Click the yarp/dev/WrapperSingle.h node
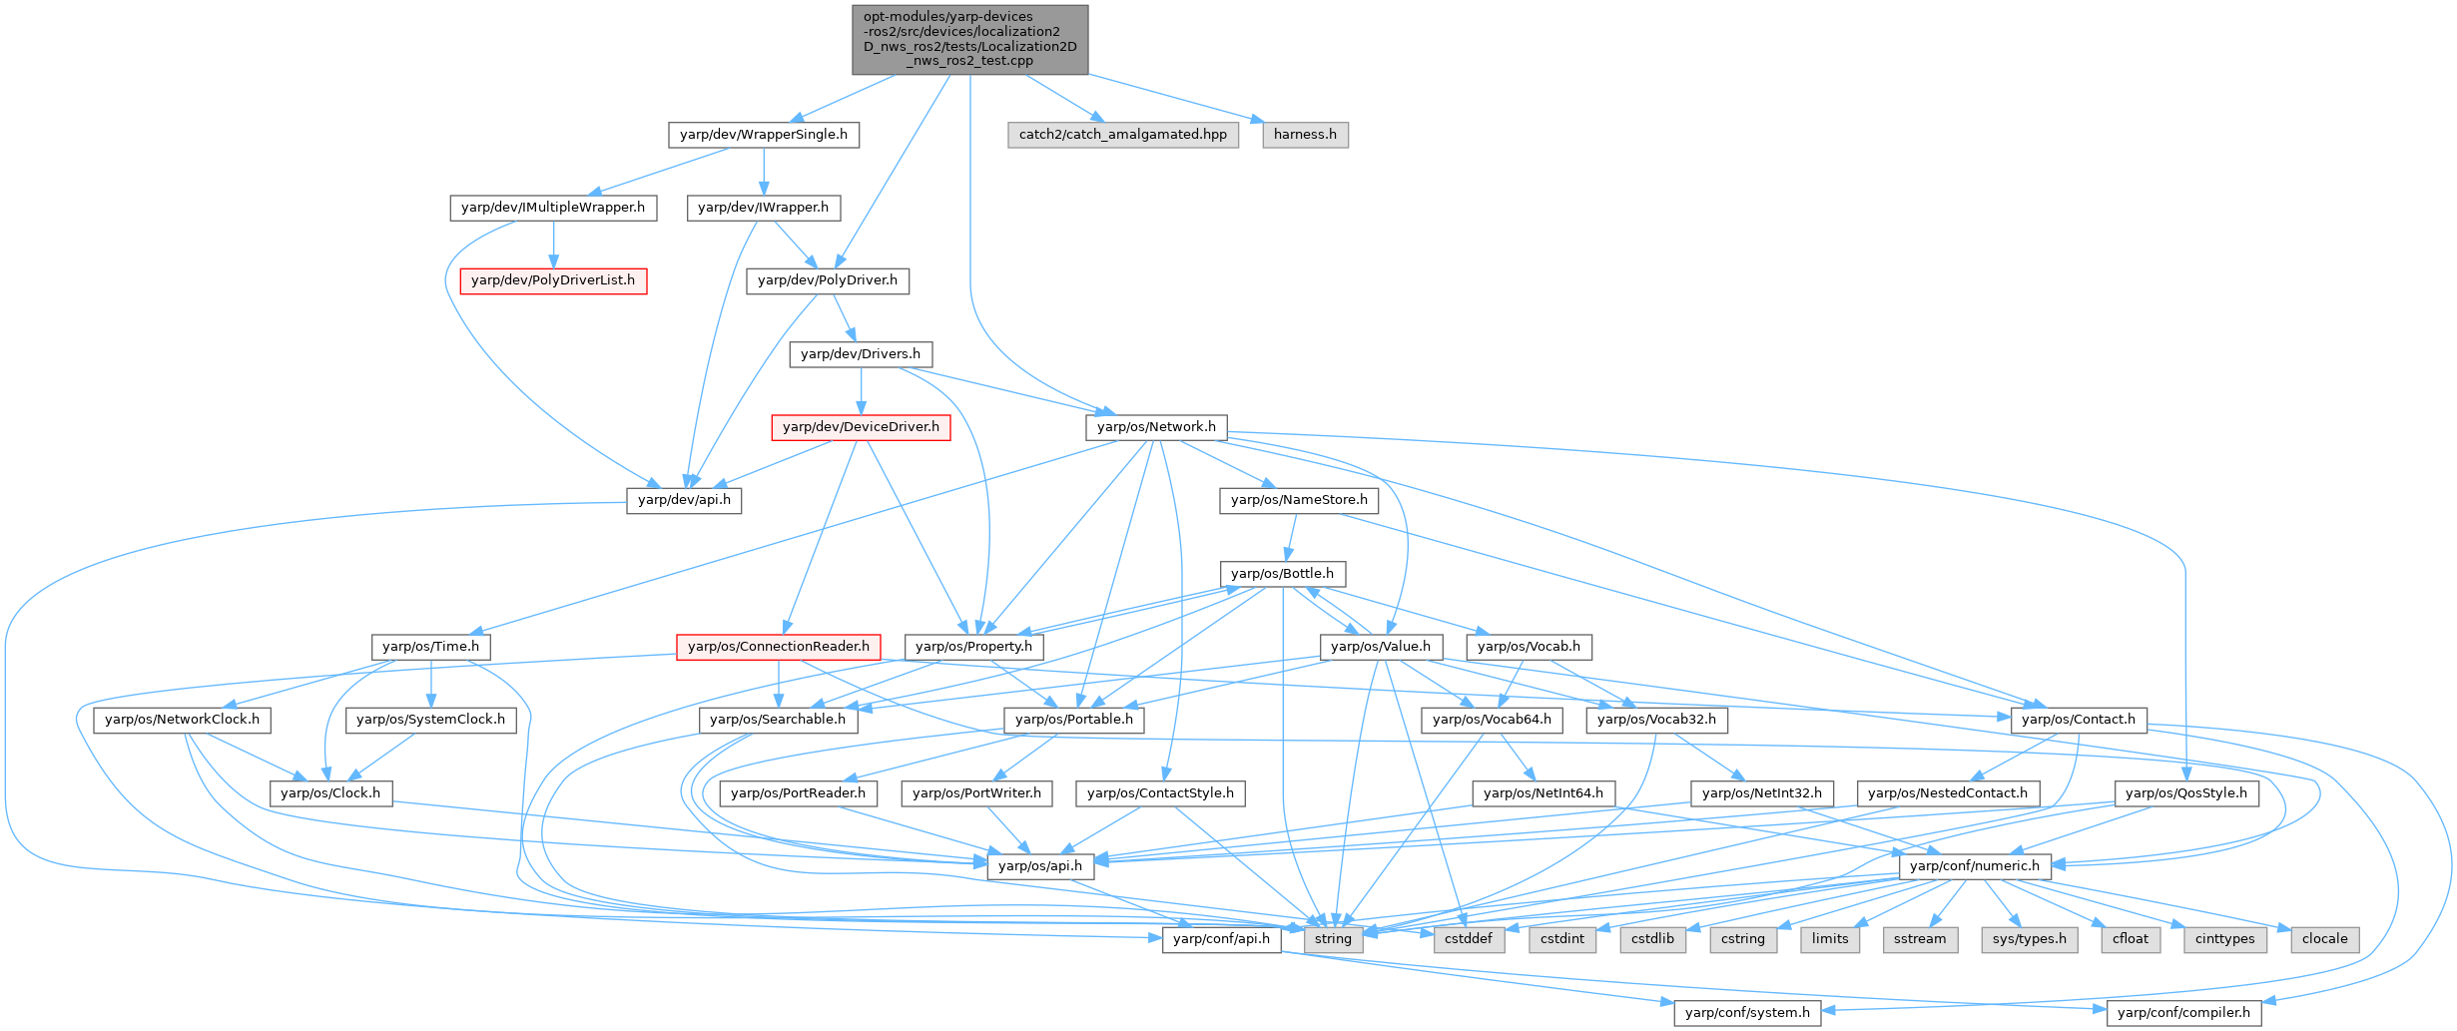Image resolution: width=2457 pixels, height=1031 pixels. click(763, 135)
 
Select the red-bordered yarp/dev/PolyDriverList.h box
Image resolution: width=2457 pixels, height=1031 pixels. click(552, 280)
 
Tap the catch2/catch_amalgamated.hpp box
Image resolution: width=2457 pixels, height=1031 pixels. click(1122, 135)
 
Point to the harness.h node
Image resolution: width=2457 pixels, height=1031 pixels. click(1305, 135)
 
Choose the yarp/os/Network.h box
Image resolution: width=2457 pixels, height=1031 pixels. click(1156, 427)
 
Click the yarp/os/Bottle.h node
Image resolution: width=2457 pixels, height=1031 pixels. click(1282, 574)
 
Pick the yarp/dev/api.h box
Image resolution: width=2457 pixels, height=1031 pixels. click(684, 500)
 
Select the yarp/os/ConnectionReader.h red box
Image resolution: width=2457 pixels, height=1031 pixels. click(779, 647)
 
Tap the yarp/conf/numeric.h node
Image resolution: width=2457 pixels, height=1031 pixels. click(1974, 866)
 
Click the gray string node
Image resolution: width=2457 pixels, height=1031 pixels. click(1333, 939)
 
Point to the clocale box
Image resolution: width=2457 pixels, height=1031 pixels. click(2324, 939)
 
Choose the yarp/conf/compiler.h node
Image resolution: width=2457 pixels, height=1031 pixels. click(2183, 1013)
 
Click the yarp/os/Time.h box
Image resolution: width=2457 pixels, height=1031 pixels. click(430, 647)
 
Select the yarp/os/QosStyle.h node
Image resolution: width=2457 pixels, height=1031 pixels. click(2185, 793)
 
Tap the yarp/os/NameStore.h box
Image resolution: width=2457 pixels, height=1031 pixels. click(1299, 500)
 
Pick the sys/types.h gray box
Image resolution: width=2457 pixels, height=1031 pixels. click(2030, 939)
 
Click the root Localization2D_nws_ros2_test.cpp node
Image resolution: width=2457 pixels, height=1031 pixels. click(969, 39)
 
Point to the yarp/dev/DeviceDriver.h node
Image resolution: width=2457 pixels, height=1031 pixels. click(861, 427)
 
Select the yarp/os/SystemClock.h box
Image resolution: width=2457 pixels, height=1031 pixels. click(430, 720)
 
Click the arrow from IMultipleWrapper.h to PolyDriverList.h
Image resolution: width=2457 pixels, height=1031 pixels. click(553, 245)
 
